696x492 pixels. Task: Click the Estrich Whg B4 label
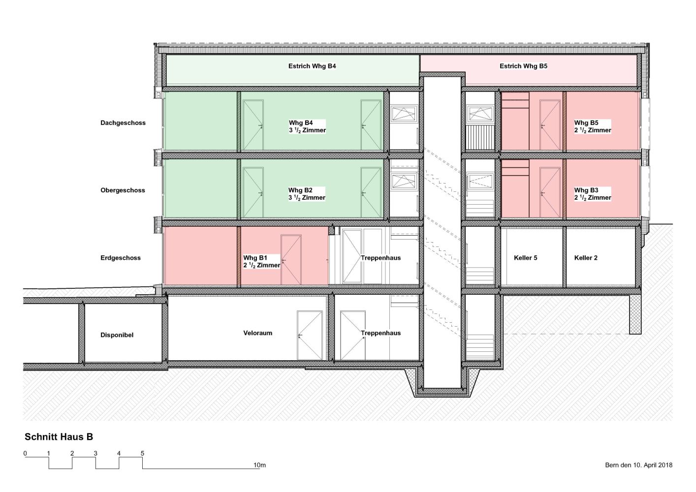tap(312, 66)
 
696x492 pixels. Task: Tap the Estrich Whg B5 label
tap(523, 66)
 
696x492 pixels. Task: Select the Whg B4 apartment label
tap(307, 126)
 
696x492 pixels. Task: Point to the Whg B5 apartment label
tap(593, 126)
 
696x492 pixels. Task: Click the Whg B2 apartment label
tap(307, 194)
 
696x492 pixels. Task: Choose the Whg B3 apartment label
tap(593, 194)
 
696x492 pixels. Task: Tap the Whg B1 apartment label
tap(262, 262)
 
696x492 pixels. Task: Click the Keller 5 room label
tap(525, 258)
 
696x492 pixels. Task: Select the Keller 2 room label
tap(586, 258)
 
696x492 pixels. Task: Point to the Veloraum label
tap(257, 333)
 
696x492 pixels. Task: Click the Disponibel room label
tap(117, 335)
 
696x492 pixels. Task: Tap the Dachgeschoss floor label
tap(123, 123)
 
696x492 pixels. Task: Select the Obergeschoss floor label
tap(123, 190)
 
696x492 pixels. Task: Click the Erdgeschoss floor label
tap(121, 258)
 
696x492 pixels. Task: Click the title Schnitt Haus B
tap(59, 437)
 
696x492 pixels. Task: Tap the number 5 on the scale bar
tap(142, 454)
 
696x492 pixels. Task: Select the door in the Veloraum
tap(310, 336)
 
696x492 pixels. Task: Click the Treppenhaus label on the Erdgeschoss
tap(380, 258)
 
